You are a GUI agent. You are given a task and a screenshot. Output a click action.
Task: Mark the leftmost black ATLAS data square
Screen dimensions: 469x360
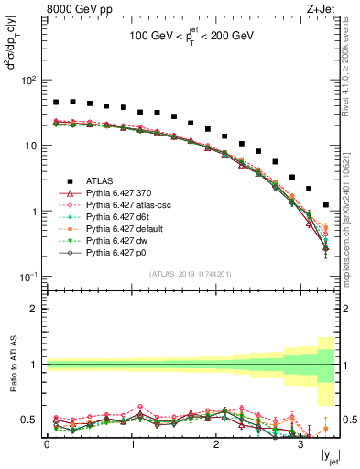point(56,103)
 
